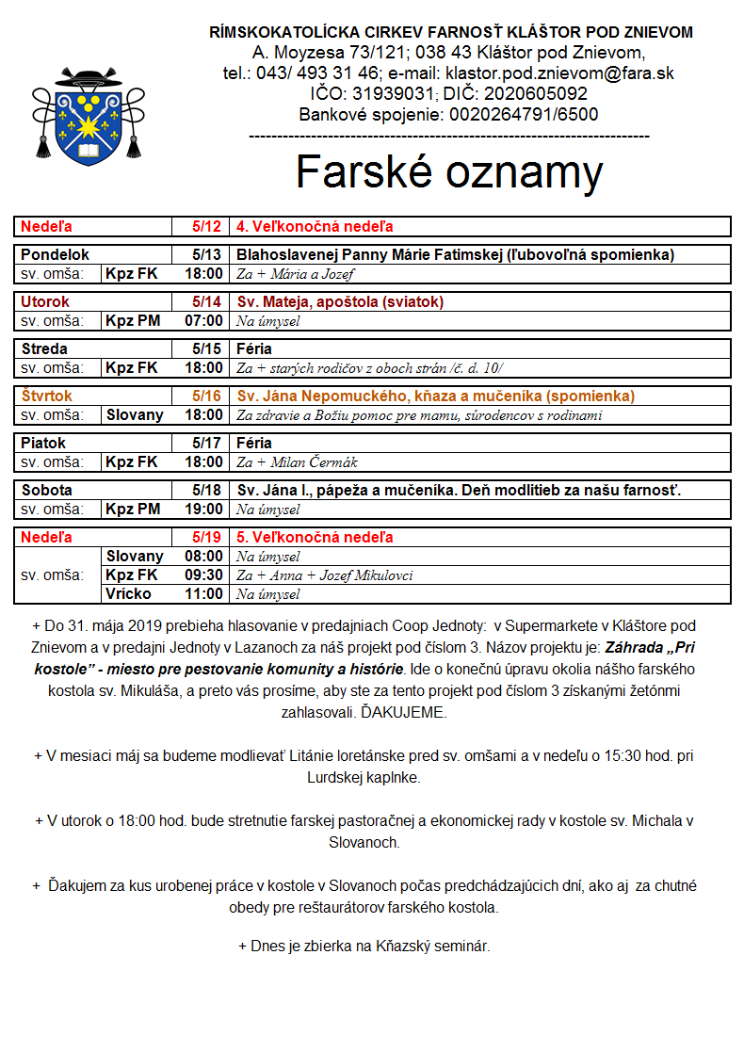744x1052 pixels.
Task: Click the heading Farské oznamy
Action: pyautogui.click(x=448, y=172)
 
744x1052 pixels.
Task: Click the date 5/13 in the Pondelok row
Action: pyautogui.click(x=206, y=255)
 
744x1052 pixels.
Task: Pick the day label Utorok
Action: pyautogui.click(x=45, y=302)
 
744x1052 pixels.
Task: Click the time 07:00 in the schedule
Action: pyautogui.click(x=203, y=321)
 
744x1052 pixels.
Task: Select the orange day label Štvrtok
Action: pyautogui.click(x=47, y=397)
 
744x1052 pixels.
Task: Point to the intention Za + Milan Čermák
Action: pyautogui.click(x=297, y=462)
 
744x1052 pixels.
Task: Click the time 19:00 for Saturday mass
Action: pyautogui.click(x=203, y=510)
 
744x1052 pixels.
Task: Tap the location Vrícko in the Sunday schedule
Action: pyautogui.click(x=128, y=594)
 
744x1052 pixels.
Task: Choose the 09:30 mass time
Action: pyautogui.click(x=203, y=575)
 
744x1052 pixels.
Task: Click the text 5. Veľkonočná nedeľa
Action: pyautogui.click(x=315, y=538)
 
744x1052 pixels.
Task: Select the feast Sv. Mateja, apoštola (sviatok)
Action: pyautogui.click(x=340, y=302)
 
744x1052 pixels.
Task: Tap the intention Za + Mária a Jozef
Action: pyautogui.click(x=295, y=274)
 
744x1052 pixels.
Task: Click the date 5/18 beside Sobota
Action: pyautogui.click(x=206, y=491)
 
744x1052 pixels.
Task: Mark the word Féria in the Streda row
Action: pyautogui.click(x=254, y=349)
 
